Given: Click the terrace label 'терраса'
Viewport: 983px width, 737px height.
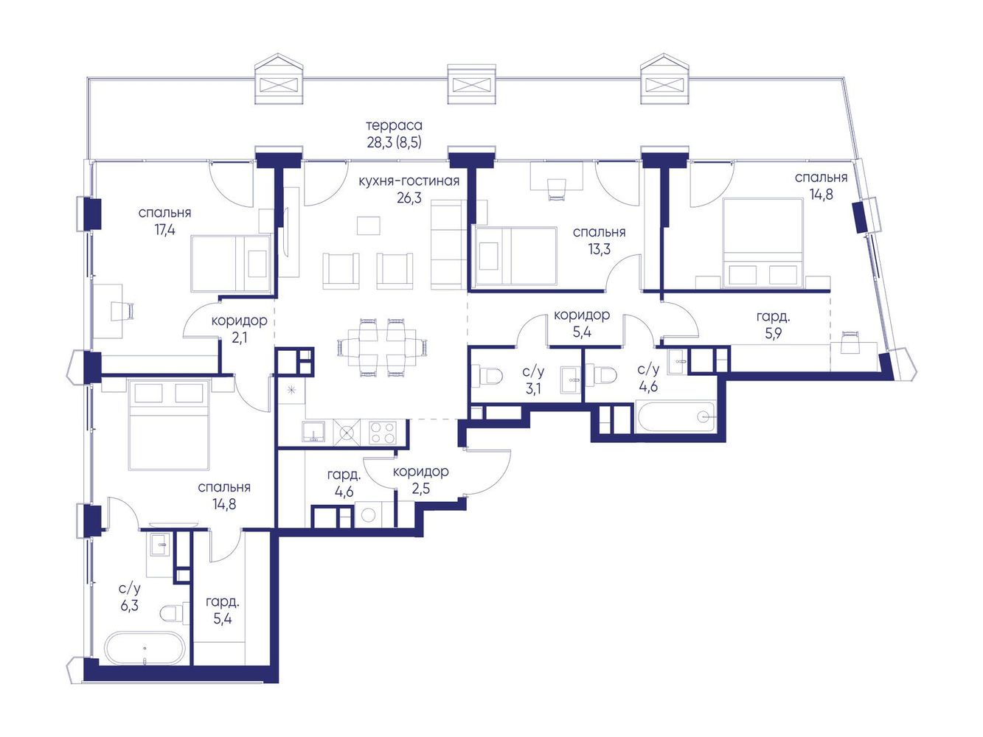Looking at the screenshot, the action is coord(394,126).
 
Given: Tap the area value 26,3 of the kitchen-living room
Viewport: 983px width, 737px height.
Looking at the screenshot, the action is coord(409,198).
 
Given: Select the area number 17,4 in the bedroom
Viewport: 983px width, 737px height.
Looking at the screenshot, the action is coord(164,231).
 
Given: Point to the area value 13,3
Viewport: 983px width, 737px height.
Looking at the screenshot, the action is coord(599,250).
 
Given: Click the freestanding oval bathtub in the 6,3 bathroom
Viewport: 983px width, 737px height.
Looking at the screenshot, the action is coord(145,649).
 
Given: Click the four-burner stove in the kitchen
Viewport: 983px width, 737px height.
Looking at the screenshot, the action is coord(382,433).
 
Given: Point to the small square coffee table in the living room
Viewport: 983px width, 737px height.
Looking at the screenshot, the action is coord(368,225).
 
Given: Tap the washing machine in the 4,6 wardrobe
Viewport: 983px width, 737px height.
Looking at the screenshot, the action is coord(369,515).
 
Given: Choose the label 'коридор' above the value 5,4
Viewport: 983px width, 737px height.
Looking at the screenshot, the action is coord(582,315).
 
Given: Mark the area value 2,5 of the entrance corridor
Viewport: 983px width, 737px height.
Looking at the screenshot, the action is coord(420,488).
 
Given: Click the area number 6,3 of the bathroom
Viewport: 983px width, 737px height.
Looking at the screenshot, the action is coord(129,606).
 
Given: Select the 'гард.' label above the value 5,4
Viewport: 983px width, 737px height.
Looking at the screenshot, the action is coord(223,602).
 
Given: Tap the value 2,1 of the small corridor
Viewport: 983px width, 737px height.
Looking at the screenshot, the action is coord(239,338).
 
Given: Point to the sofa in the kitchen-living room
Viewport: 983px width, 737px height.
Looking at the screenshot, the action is coord(447,245).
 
